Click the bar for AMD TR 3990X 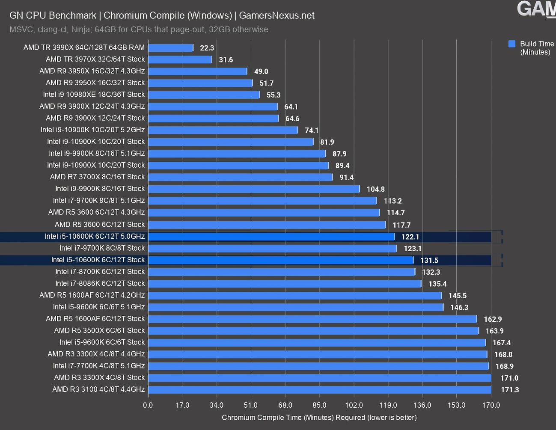[x=170, y=47]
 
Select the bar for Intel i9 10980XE [x=204, y=95]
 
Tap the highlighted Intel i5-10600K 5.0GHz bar [x=271, y=236]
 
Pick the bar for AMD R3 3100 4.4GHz [x=319, y=389]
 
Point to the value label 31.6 [x=226, y=59]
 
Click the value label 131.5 [x=429, y=260]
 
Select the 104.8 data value [x=375, y=189]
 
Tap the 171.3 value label [x=509, y=390]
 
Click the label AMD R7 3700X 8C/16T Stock [x=97, y=177]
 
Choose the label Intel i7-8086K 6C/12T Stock [x=100, y=283]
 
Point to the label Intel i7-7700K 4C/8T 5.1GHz [x=99, y=366]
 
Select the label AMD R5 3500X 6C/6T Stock [x=99, y=330]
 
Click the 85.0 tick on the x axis [x=319, y=405]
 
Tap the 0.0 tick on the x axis [x=148, y=405]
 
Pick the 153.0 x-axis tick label [x=456, y=405]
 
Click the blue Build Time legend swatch [x=512, y=44]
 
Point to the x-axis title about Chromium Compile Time [x=319, y=418]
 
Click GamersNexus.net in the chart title [x=277, y=15]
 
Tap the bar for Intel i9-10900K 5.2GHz [x=223, y=130]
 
